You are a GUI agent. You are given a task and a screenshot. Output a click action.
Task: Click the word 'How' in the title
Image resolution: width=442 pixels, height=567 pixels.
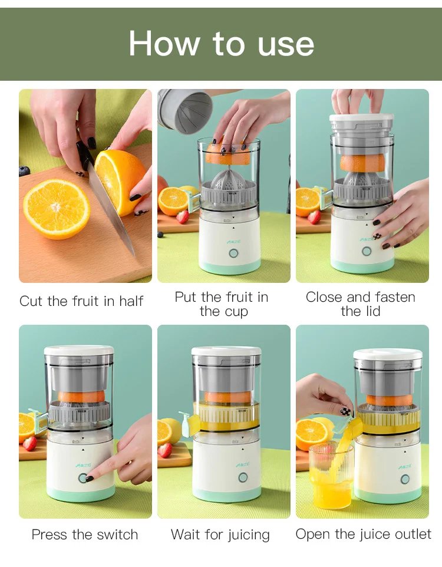(164, 44)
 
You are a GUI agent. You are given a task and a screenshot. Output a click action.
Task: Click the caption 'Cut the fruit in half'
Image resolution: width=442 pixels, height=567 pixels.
(81, 301)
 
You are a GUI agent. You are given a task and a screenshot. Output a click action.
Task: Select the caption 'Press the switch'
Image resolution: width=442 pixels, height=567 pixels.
(85, 535)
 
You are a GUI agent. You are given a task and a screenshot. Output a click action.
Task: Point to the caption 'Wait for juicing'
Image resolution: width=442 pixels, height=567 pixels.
(220, 535)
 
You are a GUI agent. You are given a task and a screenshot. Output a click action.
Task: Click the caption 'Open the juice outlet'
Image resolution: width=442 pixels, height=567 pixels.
(363, 534)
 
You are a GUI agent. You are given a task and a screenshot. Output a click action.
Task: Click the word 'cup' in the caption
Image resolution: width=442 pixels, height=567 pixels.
(236, 312)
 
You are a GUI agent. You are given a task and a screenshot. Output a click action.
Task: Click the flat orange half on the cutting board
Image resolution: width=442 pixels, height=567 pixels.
(57, 209)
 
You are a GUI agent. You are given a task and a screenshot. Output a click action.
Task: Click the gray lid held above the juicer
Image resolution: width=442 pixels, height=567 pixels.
(185, 110)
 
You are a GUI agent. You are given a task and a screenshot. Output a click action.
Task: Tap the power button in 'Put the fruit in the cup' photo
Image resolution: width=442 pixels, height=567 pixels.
(233, 253)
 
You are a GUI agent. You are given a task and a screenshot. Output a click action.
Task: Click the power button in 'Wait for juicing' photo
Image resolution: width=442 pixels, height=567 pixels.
(243, 477)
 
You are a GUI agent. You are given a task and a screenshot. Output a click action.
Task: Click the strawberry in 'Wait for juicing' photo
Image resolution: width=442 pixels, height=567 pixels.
(165, 450)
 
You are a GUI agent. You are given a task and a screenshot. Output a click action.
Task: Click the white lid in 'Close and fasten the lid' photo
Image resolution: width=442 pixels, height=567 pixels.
(361, 118)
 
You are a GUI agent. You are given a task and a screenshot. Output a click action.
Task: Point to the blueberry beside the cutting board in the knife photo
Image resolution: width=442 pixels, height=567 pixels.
(24, 171)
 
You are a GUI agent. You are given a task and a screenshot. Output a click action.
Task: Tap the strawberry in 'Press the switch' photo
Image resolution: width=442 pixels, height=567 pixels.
(29, 443)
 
